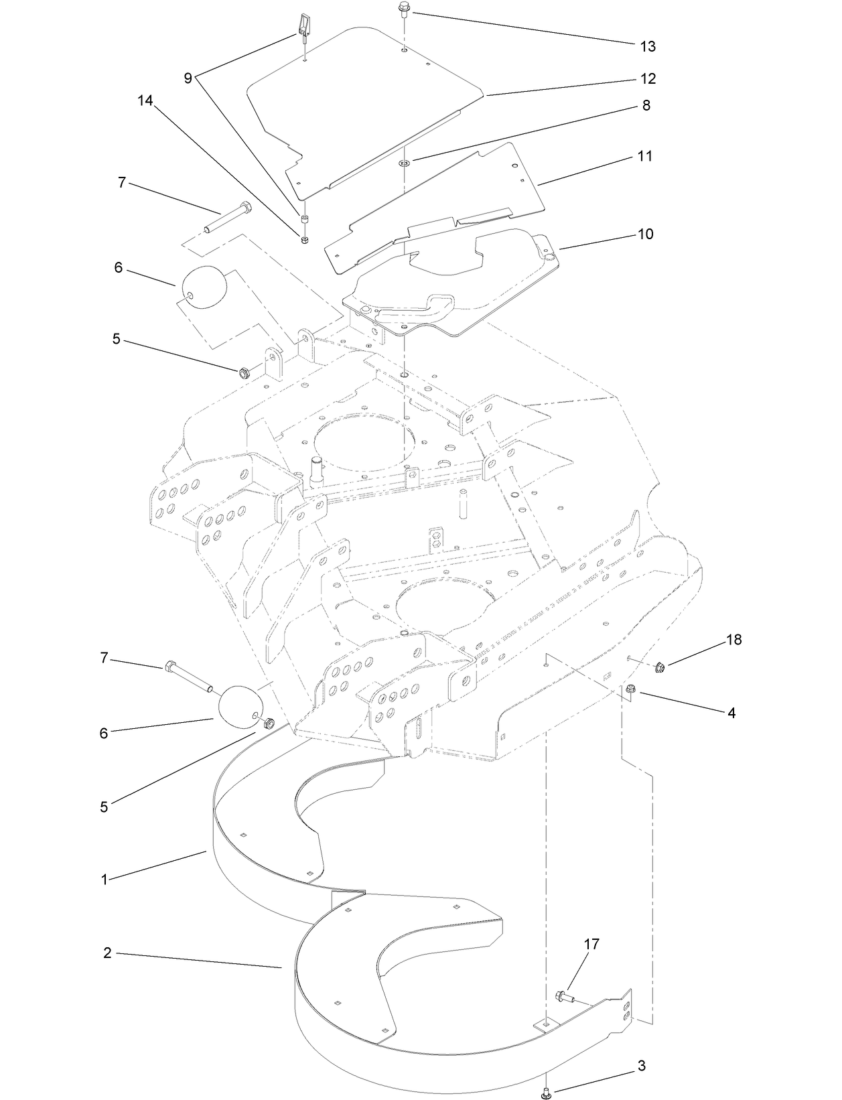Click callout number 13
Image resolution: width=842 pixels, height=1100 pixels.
click(x=647, y=46)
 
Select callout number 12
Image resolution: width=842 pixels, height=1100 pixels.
click(x=647, y=78)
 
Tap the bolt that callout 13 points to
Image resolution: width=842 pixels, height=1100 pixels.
click(x=404, y=9)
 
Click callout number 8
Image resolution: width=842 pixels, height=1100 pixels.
click(x=646, y=105)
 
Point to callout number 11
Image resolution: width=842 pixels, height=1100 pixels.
click(x=644, y=156)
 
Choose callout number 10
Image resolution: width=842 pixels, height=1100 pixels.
click(x=645, y=234)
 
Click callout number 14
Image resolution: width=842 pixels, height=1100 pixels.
click(x=145, y=100)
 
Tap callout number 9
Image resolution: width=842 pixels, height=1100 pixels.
click(x=188, y=78)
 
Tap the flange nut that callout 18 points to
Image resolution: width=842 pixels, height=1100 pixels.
click(x=659, y=667)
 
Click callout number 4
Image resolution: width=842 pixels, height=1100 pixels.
click(x=731, y=713)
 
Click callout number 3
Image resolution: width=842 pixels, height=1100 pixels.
click(x=641, y=1067)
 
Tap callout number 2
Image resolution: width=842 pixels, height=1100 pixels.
click(x=107, y=953)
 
